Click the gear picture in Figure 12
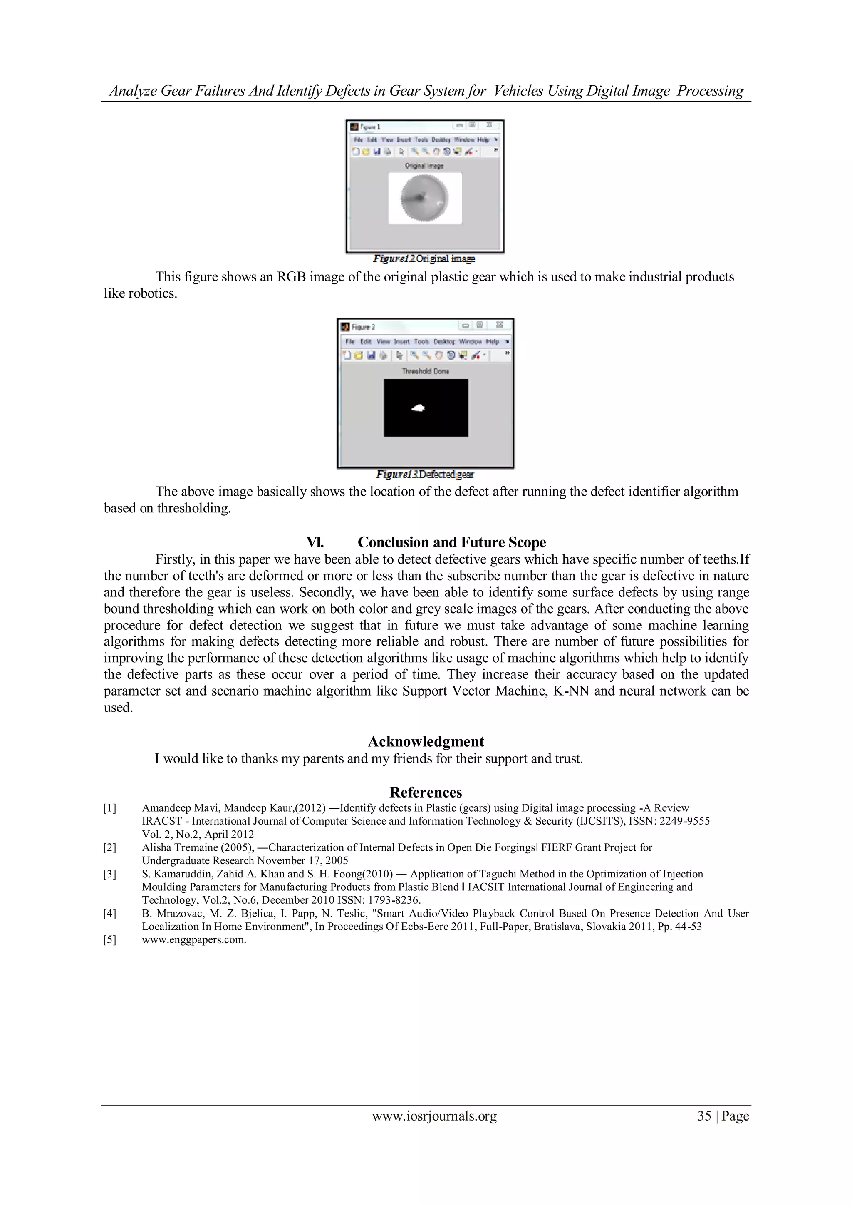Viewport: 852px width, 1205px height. click(424, 199)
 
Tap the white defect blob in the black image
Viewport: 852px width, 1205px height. click(418, 408)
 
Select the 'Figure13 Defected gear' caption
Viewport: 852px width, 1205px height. click(424, 474)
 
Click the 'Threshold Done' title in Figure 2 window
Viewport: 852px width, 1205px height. click(426, 371)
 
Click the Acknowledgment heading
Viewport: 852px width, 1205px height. click(426, 742)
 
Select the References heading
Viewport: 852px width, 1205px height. click(426, 792)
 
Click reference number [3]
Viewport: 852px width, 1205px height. click(110, 874)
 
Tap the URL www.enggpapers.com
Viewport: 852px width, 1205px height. click(193, 939)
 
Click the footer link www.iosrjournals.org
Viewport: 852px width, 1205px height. click(434, 1116)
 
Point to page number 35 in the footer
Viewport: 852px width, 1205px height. click(704, 1116)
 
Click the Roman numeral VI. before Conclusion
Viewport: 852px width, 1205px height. click(315, 542)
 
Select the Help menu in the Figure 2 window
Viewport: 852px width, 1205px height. click(492, 342)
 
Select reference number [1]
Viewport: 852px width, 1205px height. click(110, 808)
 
